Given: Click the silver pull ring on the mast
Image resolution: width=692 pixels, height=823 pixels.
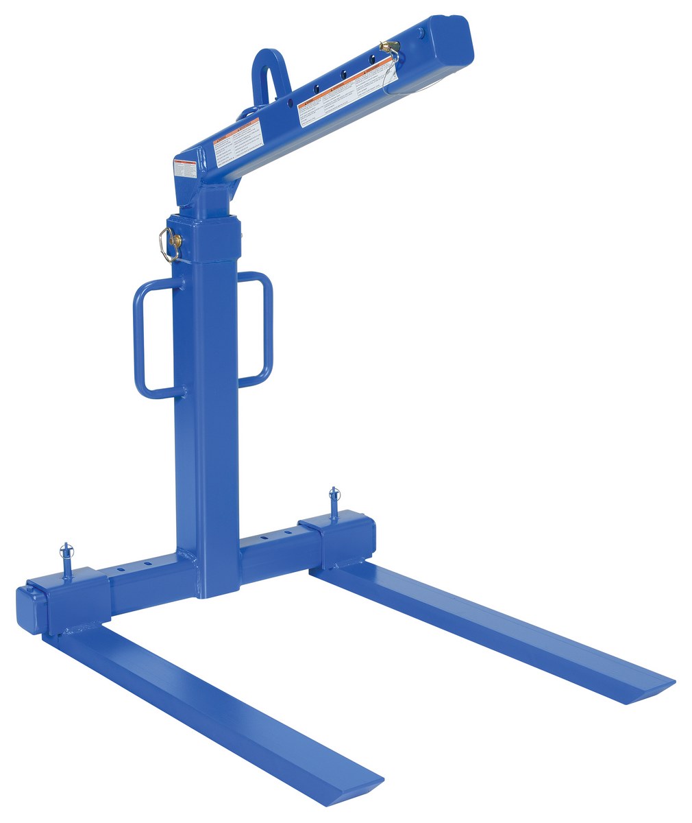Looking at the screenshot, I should [x=166, y=244].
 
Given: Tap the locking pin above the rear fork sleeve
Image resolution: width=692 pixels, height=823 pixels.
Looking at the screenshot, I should [x=334, y=499].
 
